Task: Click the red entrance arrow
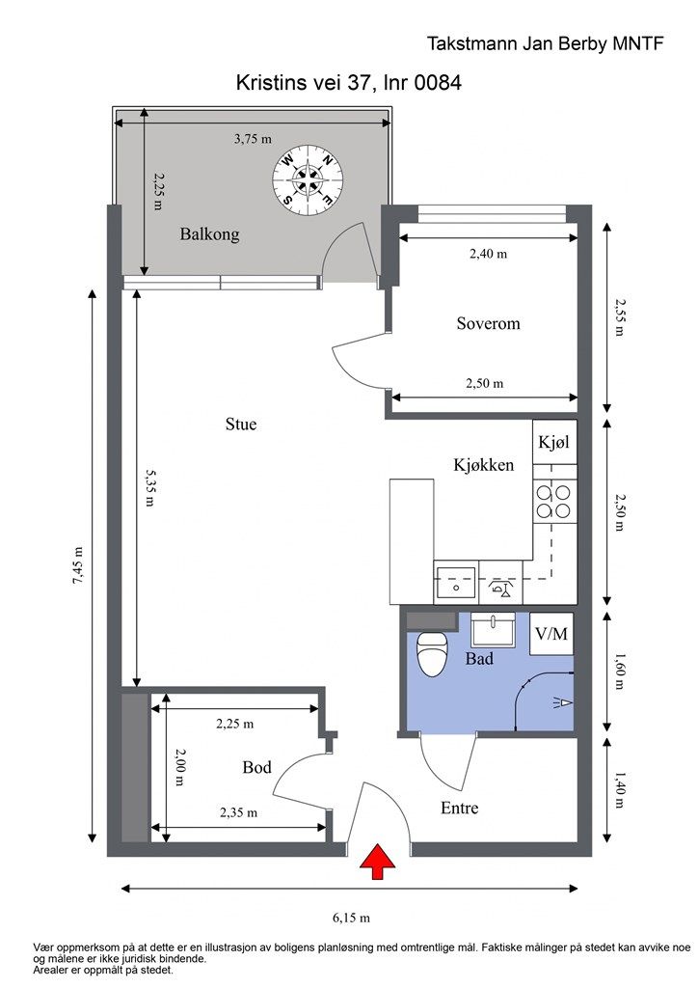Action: click(377, 862)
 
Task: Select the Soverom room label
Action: click(489, 324)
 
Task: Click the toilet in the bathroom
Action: click(432, 654)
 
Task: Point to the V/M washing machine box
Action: click(551, 633)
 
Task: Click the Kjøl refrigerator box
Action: click(554, 442)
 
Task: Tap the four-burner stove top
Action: click(554, 501)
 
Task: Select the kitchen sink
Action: click(456, 582)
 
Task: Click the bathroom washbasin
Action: click(494, 628)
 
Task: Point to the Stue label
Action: click(241, 425)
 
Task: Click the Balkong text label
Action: click(209, 234)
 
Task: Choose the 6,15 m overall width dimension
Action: click(351, 918)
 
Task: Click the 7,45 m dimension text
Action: click(78, 565)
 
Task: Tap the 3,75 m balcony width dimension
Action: click(253, 139)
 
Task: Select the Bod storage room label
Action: click(256, 767)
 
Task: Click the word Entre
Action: click(460, 808)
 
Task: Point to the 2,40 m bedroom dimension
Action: click(489, 254)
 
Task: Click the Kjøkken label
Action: click(484, 465)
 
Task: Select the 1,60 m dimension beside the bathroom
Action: click(619, 671)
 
